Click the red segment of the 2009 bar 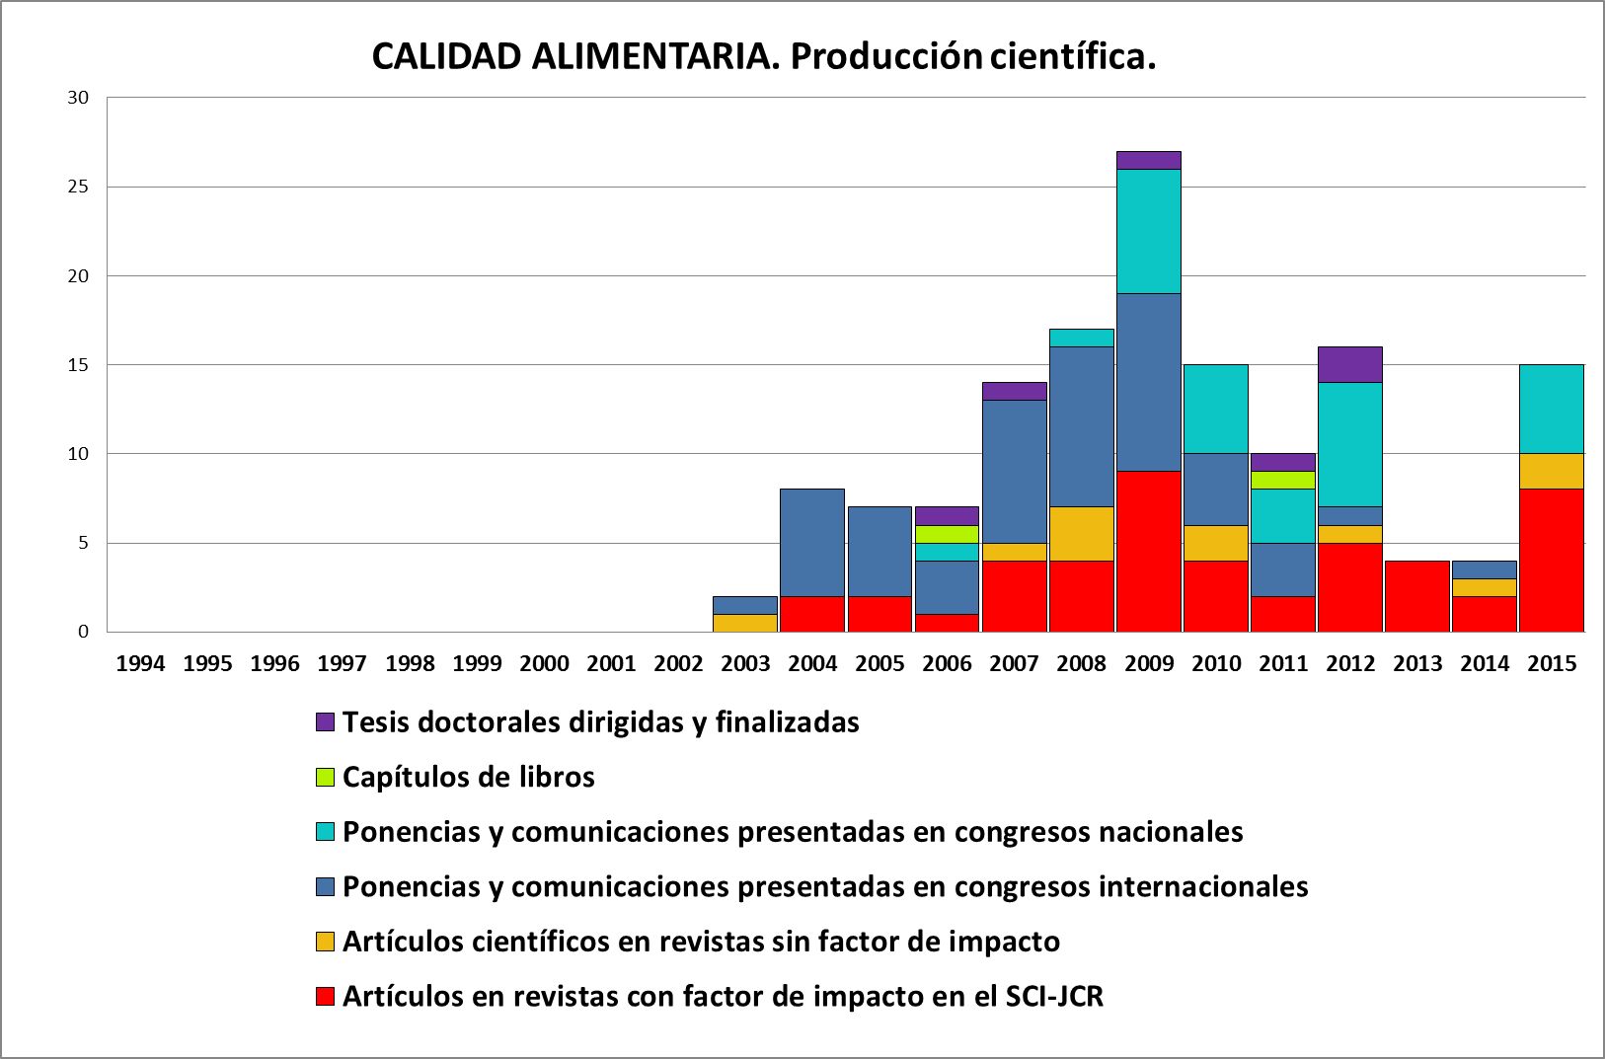(x=1149, y=551)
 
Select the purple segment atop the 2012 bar (x=1350, y=364)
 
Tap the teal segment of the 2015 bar (x=1552, y=409)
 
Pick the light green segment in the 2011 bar (x=1283, y=480)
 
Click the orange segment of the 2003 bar (x=745, y=623)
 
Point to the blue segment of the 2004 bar (x=812, y=542)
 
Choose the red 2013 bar (x=1417, y=596)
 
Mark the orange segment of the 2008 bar (x=1082, y=534)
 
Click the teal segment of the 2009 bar (x=1149, y=231)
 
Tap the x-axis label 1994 (x=140, y=663)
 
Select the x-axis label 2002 (x=678, y=663)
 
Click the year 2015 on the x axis (x=1552, y=663)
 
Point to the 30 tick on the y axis (x=78, y=98)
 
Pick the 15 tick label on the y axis (x=78, y=365)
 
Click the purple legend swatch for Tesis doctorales (x=326, y=722)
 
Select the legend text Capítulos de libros (x=468, y=778)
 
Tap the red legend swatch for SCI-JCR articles (x=326, y=997)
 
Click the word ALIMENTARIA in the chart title (x=653, y=57)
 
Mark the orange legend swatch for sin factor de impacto (x=326, y=942)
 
